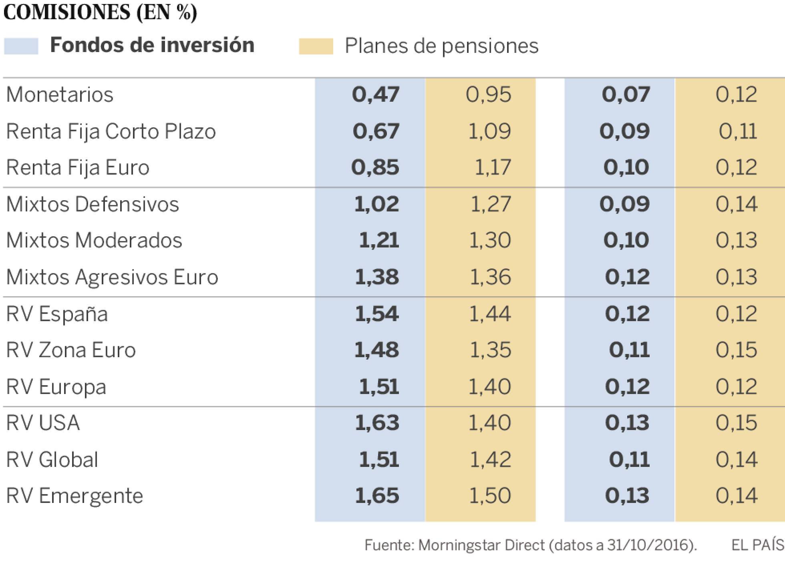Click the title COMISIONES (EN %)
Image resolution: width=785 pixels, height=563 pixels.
pyautogui.click(x=100, y=13)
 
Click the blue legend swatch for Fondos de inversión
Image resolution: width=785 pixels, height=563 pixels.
pyautogui.click(x=21, y=46)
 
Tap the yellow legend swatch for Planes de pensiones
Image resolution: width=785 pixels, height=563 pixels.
pyautogui.click(x=316, y=46)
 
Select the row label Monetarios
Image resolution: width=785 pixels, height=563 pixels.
pyautogui.click(x=60, y=95)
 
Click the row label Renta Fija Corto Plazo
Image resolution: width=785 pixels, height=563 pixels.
pyautogui.click(x=111, y=132)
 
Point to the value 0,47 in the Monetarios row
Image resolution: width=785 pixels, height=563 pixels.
pyautogui.click(x=375, y=95)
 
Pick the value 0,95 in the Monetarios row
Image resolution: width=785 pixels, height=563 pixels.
pyautogui.click(x=488, y=95)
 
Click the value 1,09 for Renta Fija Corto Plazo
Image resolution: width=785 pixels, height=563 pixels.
pyautogui.click(x=489, y=132)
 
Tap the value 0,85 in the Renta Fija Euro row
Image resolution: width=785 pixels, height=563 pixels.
pyautogui.click(x=375, y=168)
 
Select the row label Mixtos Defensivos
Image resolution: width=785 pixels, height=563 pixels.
pyautogui.click(x=93, y=204)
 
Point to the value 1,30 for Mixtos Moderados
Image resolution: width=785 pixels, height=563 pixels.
pyautogui.click(x=489, y=241)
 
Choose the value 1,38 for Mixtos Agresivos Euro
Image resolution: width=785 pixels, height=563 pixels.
pyautogui.click(x=376, y=277)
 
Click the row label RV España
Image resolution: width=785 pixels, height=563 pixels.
pyautogui.click(x=57, y=314)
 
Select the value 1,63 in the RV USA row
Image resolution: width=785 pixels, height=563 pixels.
pyautogui.click(x=376, y=423)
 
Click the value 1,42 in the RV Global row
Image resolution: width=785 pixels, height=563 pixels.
pyautogui.click(x=490, y=460)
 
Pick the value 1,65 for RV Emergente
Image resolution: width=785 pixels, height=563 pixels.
pyautogui.click(x=376, y=496)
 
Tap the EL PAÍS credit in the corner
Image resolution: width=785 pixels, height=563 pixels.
pyautogui.click(x=757, y=545)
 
